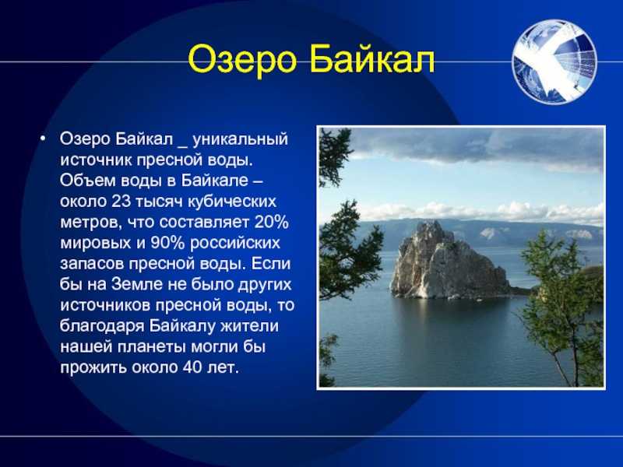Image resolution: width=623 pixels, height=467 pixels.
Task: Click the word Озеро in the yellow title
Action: click(x=242, y=60)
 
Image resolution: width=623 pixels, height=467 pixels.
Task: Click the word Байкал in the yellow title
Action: click(x=373, y=60)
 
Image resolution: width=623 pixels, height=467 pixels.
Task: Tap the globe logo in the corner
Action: click(x=554, y=62)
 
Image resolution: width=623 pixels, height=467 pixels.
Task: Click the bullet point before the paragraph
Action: click(x=43, y=139)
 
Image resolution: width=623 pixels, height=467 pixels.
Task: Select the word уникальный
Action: click(x=240, y=140)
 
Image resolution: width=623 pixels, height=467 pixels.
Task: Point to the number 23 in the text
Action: click(x=121, y=202)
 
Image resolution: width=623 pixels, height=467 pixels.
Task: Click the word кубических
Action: click(x=231, y=202)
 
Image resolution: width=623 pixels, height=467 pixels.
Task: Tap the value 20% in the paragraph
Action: click(x=271, y=222)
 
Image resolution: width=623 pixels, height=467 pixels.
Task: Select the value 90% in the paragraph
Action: click(x=167, y=243)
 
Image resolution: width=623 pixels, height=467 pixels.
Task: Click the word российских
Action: click(x=235, y=244)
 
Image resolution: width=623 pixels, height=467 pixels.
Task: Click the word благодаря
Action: click(x=102, y=326)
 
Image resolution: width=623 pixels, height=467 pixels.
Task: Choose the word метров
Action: click(x=91, y=223)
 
